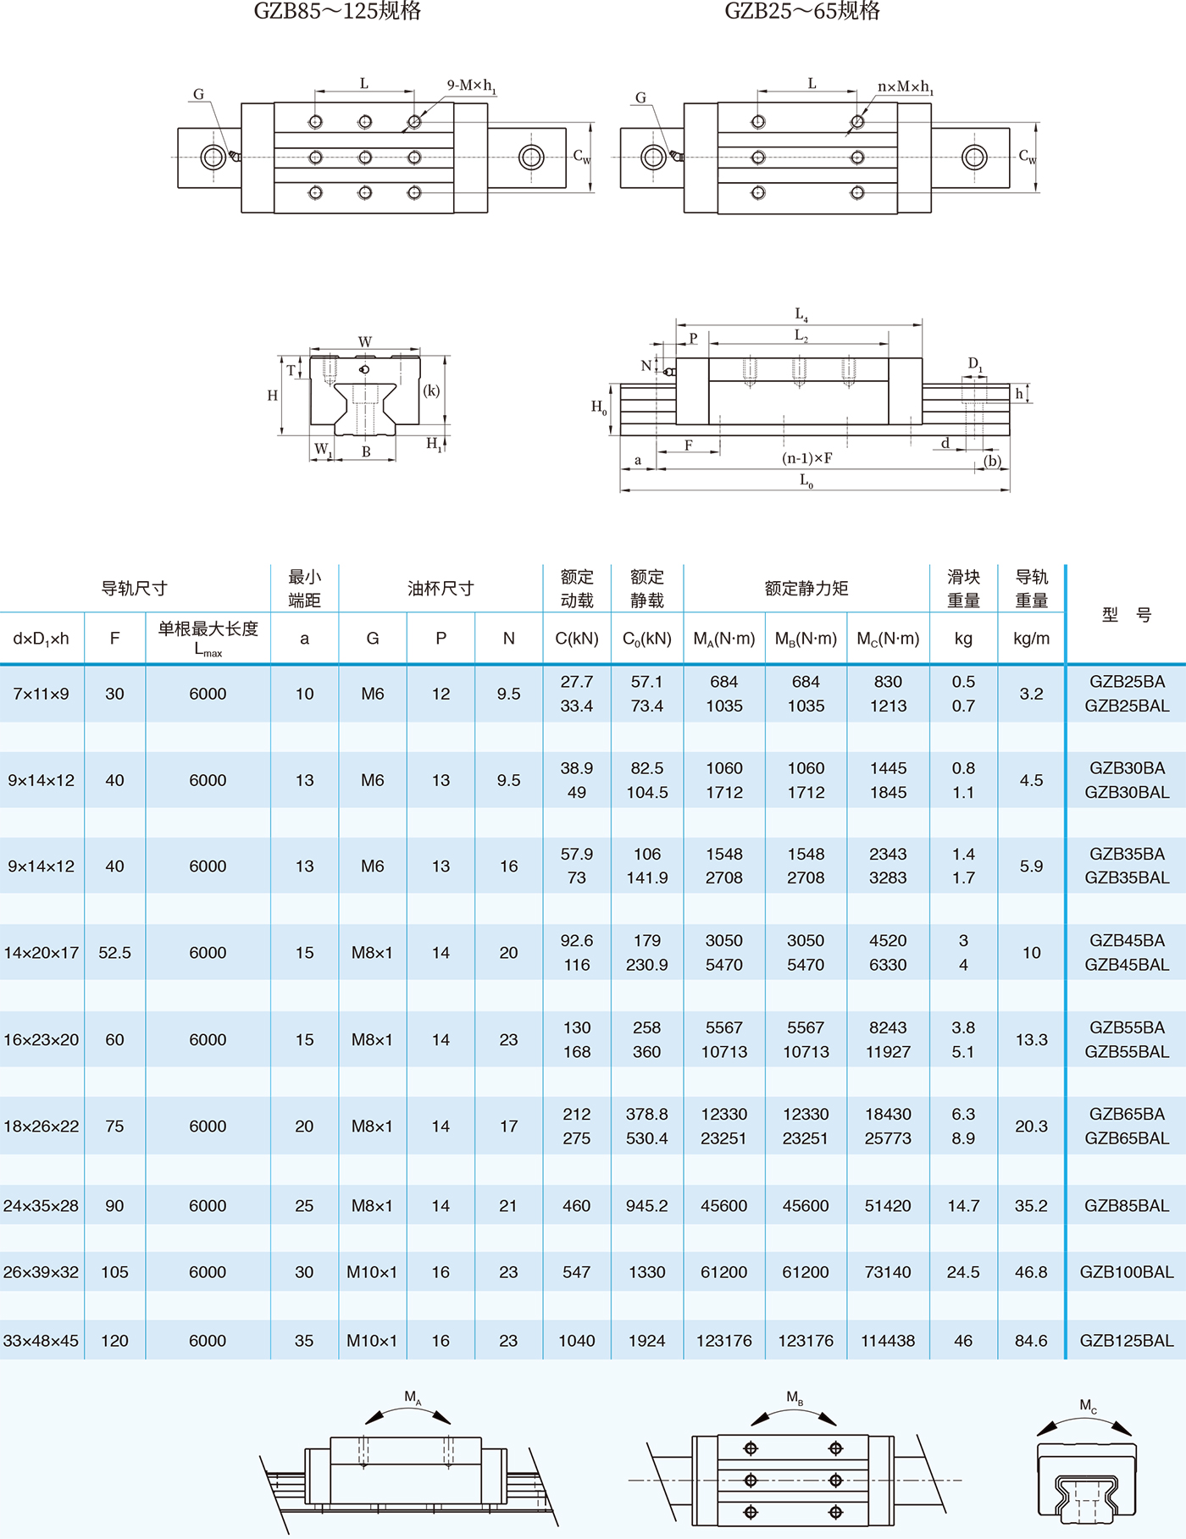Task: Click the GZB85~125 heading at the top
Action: (x=337, y=11)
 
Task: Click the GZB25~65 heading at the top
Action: (x=802, y=11)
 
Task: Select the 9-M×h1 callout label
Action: (x=471, y=86)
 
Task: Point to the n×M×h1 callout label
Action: (x=905, y=86)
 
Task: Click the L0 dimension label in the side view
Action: (x=806, y=480)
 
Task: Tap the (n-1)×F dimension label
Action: (x=806, y=458)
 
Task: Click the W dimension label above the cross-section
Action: (x=364, y=341)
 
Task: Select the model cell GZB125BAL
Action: (x=1127, y=1341)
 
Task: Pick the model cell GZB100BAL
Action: (x=1127, y=1272)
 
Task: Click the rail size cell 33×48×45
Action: (x=41, y=1341)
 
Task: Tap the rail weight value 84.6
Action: (x=1031, y=1341)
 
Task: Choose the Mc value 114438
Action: (x=888, y=1341)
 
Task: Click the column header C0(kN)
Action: (x=646, y=639)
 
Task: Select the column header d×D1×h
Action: (x=41, y=639)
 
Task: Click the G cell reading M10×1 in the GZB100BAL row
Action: (x=372, y=1272)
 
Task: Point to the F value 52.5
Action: (x=114, y=953)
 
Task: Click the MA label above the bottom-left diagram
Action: (x=413, y=1397)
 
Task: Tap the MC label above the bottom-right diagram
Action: (x=1088, y=1405)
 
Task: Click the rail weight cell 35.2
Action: (x=1031, y=1206)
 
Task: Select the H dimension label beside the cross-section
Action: (x=273, y=396)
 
